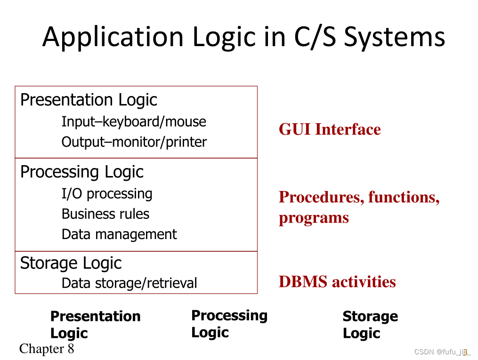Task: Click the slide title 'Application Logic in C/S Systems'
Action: (243, 37)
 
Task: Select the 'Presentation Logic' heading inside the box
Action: (89, 100)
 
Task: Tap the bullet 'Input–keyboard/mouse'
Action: (134, 122)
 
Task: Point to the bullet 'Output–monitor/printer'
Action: (134, 142)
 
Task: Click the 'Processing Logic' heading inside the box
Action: (81, 172)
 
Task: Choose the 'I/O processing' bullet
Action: (107, 194)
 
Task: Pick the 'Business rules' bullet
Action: (105, 214)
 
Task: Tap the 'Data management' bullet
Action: (119, 234)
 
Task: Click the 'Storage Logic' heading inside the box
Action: (71, 263)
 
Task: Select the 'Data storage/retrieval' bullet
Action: (129, 283)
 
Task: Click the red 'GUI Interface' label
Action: (330, 129)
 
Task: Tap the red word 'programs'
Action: (314, 218)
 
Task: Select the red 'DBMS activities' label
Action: (337, 282)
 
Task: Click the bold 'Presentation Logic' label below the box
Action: (95, 325)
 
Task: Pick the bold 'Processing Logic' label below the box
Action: (229, 324)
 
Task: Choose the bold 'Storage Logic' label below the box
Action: (370, 325)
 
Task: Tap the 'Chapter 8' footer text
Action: (47, 349)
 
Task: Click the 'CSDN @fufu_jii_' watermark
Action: (442, 352)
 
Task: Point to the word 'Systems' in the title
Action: (394, 37)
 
